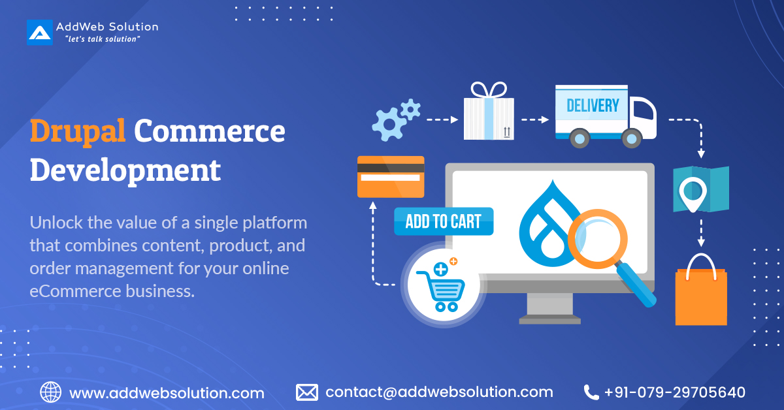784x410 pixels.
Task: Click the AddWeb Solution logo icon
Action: coord(39,32)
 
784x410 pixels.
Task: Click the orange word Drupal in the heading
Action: coord(78,131)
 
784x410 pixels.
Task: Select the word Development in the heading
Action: coord(125,170)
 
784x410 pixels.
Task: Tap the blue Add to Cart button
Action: coord(444,221)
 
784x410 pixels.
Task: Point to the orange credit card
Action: coord(391,176)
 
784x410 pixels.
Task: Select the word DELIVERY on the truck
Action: coord(593,105)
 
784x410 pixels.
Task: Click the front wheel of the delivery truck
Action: coord(631,138)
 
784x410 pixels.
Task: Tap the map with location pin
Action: coord(700,189)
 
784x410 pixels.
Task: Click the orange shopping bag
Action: coord(701,292)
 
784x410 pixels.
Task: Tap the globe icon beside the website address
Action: coord(51,392)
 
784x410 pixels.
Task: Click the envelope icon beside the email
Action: coord(306,392)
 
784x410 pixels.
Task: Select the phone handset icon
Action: coord(591,392)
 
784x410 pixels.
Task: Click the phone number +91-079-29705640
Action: coord(674,392)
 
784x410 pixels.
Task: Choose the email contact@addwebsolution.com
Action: coord(439,392)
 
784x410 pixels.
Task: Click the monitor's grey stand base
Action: coord(549,320)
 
